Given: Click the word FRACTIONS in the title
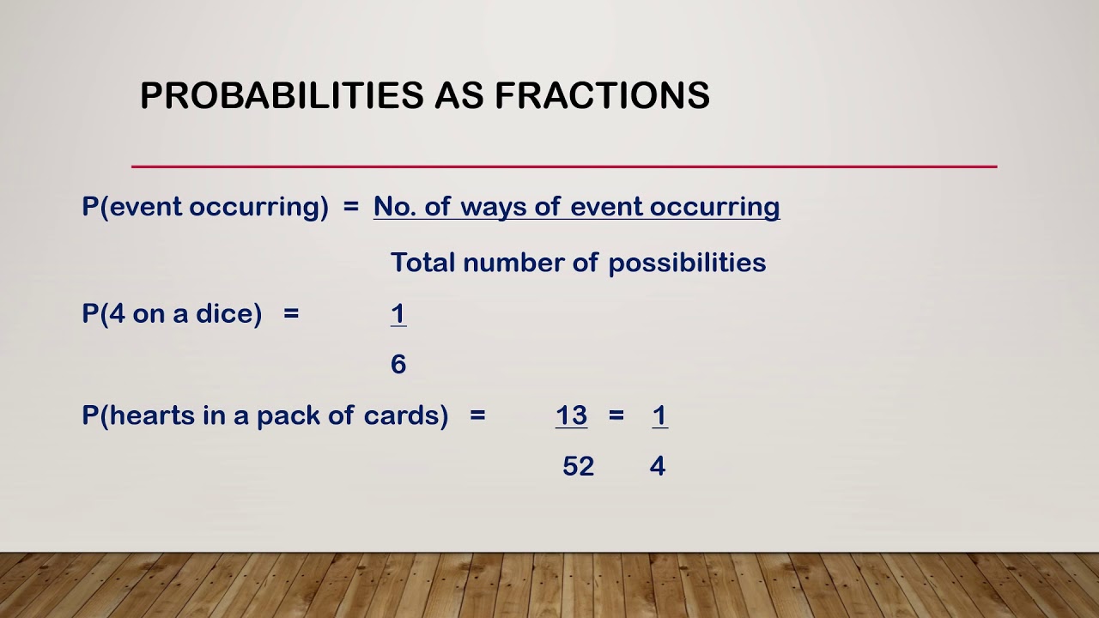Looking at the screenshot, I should [x=602, y=95].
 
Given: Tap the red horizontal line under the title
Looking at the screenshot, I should [x=563, y=167].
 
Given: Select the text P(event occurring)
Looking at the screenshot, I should [x=205, y=207].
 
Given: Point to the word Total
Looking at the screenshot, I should [x=422, y=263].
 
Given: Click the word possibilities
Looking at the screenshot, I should [x=687, y=264].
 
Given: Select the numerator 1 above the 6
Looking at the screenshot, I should [x=398, y=313].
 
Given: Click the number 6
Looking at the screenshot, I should [x=398, y=365].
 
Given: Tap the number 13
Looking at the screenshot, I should [x=571, y=415].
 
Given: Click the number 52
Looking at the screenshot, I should [x=578, y=466].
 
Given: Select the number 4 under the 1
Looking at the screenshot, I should [x=658, y=466].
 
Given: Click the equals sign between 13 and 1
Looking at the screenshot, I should [x=616, y=415].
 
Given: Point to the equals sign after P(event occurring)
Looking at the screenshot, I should [x=350, y=207].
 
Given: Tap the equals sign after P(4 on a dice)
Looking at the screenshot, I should [x=291, y=313].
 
